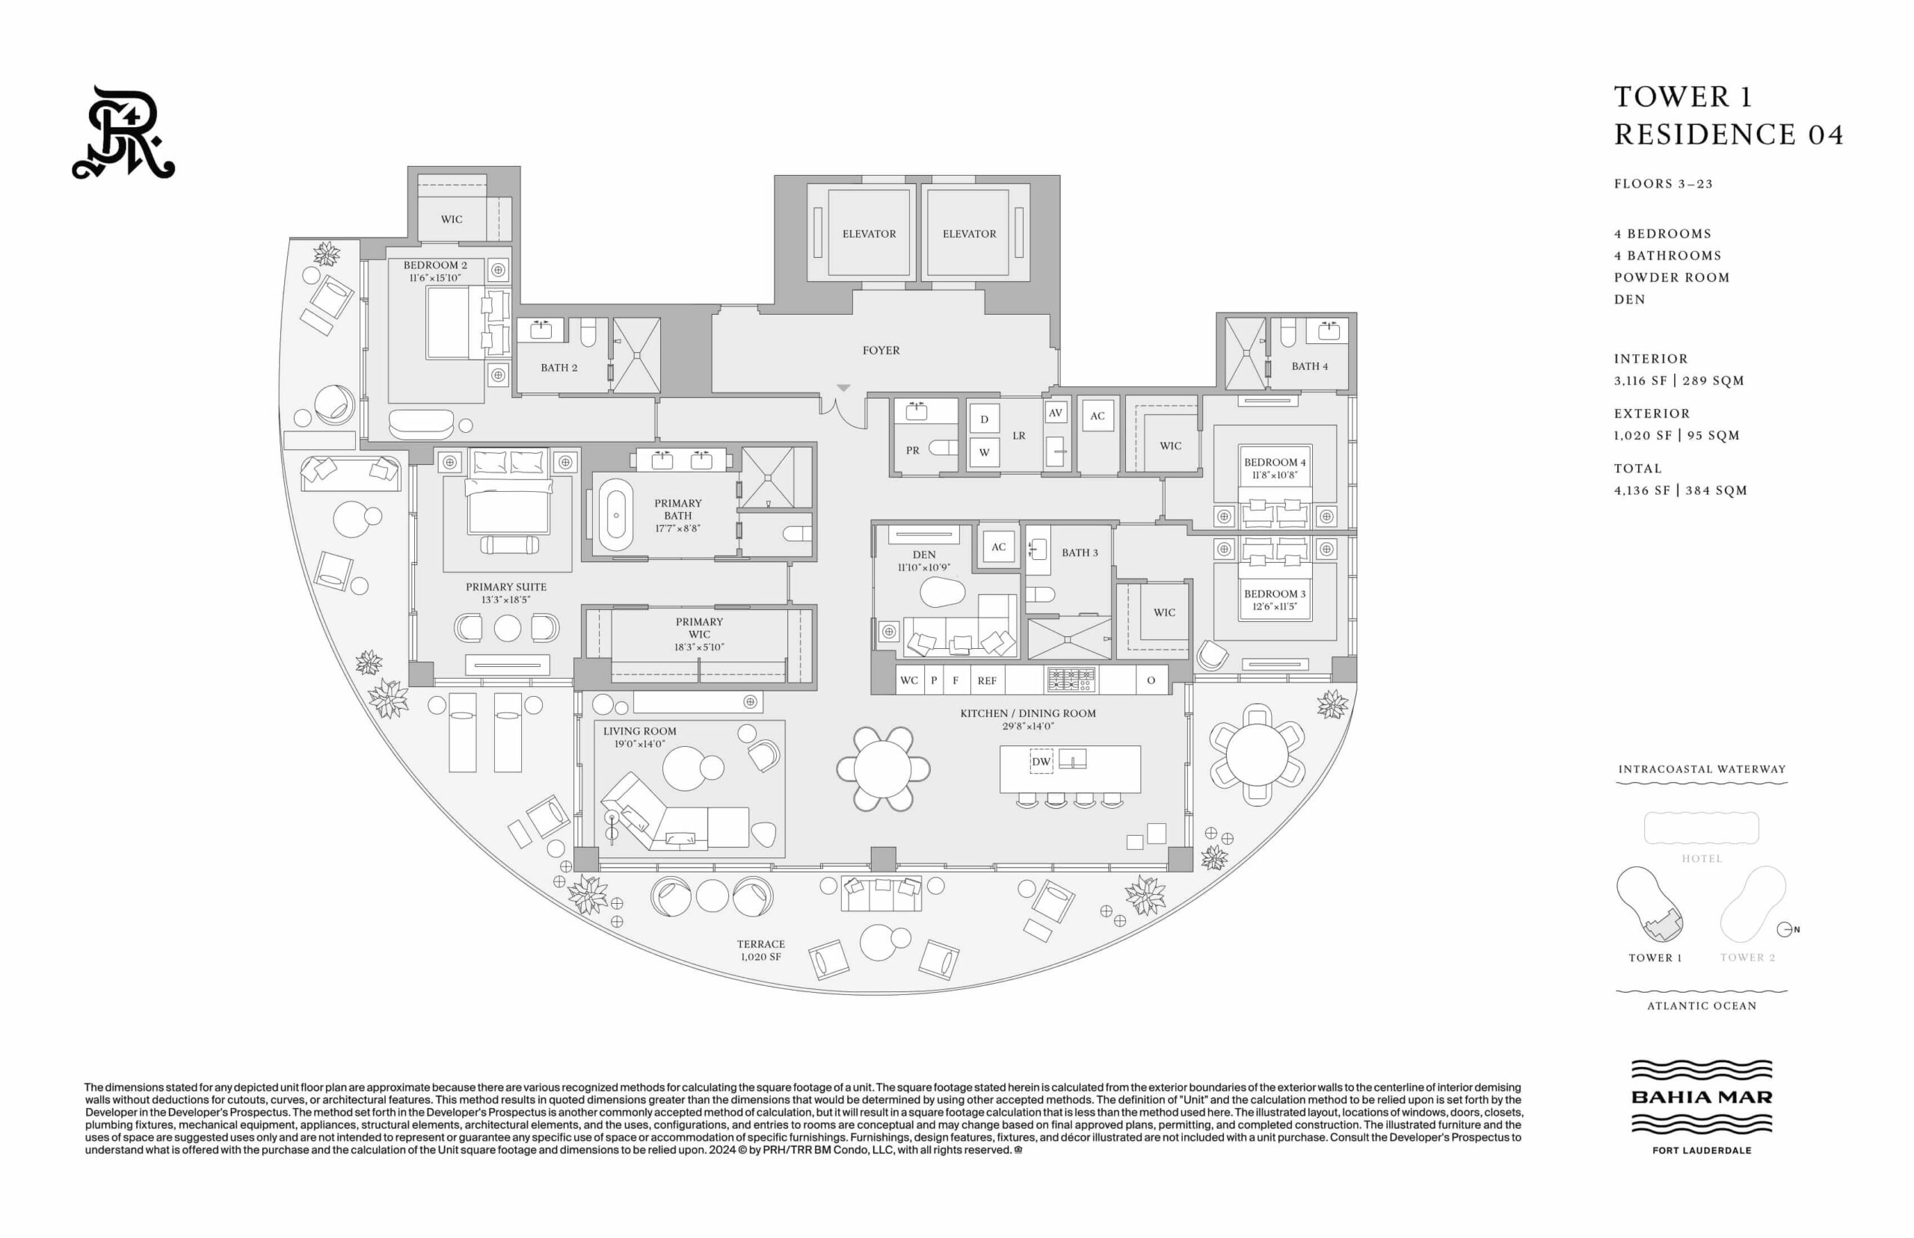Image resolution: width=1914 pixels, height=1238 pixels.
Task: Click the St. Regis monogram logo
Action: [123, 132]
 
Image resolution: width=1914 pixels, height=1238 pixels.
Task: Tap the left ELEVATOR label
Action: [868, 234]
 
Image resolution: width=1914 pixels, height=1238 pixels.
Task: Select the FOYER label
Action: [881, 351]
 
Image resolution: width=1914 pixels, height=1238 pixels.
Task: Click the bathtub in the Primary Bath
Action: [616, 515]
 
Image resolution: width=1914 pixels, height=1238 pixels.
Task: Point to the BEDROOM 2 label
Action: [435, 265]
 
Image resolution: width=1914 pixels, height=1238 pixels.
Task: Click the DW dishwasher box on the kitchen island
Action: [1041, 761]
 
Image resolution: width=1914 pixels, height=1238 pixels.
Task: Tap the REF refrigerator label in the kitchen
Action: [987, 681]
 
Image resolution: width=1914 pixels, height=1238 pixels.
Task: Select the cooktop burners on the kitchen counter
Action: [1071, 680]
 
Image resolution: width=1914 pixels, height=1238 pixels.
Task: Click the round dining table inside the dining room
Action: [883, 769]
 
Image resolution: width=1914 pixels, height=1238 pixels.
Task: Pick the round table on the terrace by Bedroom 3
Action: [1258, 755]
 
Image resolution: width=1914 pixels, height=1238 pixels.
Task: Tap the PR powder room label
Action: [912, 451]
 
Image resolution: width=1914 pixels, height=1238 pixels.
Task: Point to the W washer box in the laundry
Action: [984, 452]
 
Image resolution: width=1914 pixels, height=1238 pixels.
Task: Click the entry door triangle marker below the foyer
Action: [843, 387]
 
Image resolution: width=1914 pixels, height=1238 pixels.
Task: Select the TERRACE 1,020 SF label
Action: [760, 950]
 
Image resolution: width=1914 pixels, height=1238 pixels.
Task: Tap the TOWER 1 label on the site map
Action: [1655, 958]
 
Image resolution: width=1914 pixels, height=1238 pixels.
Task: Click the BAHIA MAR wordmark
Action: [1702, 1097]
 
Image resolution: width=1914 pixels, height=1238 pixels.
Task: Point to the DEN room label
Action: [924, 555]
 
